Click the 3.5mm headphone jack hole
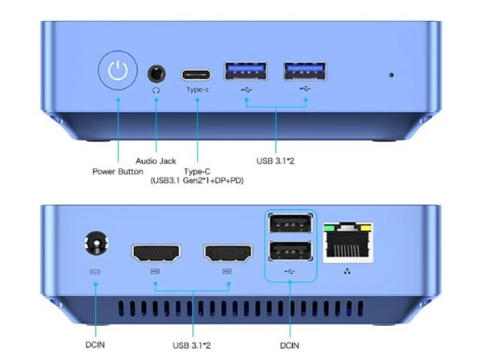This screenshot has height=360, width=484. (x=156, y=73)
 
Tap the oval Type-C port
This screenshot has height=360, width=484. (x=196, y=75)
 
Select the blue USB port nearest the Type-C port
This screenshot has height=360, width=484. (x=246, y=71)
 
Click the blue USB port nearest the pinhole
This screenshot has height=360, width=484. (x=305, y=71)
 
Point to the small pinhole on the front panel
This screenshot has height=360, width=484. (x=391, y=75)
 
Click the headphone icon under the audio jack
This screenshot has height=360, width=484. (x=156, y=90)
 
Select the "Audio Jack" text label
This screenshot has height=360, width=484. (x=156, y=161)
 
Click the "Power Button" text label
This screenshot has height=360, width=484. (x=118, y=171)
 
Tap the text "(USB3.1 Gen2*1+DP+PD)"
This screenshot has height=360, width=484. (x=197, y=181)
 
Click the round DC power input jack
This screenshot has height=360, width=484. (x=96, y=243)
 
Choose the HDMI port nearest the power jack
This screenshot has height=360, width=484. (x=156, y=253)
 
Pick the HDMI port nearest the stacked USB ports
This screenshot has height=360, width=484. (x=228, y=253)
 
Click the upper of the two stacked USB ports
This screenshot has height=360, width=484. (x=290, y=224)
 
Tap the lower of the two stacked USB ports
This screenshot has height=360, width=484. (x=290, y=250)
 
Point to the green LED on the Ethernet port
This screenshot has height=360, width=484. (x=329, y=228)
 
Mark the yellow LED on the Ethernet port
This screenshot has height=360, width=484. (x=366, y=228)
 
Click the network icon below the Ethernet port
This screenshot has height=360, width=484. (x=348, y=271)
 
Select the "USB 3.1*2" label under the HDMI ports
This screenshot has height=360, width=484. (x=192, y=345)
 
